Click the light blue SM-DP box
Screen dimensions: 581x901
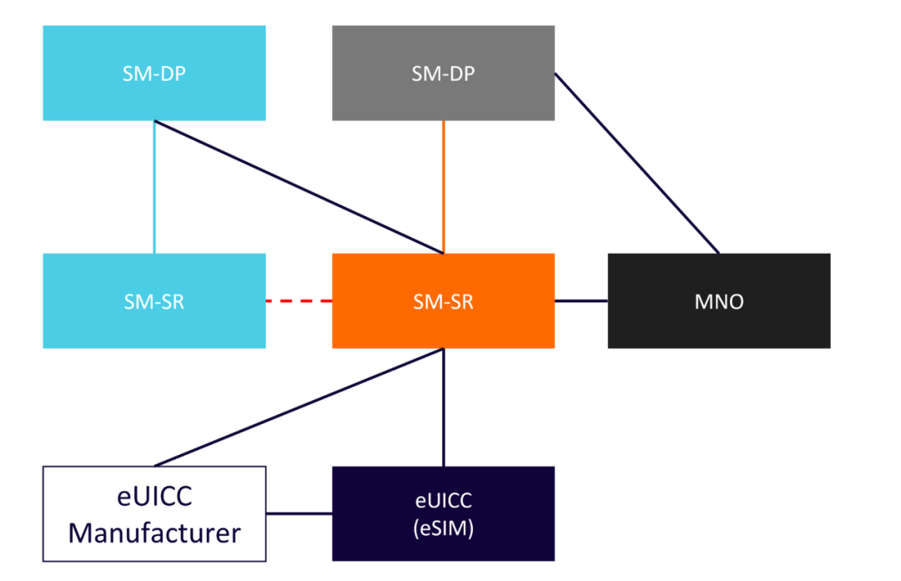(154, 73)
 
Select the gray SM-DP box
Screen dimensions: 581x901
(443, 73)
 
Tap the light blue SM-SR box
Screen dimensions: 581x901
(154, 301)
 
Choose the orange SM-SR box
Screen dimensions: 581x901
(443, 301)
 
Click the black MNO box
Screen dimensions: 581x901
(718, 301)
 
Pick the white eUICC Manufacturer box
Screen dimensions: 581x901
(154, 513)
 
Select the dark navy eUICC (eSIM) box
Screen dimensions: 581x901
(443, 513)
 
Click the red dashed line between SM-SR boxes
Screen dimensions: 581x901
(299, 301)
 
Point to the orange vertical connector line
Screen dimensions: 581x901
(443, 186)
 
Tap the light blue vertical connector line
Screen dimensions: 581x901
(154, 186)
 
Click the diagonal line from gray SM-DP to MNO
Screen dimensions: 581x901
(637, 163)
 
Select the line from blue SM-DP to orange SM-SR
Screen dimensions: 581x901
(299, 186)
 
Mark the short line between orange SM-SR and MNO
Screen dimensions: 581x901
(581, 301)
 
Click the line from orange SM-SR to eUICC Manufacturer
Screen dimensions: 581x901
(299, 407)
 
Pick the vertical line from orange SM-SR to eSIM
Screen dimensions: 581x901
(443, 407)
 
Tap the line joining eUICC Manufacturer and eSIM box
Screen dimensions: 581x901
(299, 513)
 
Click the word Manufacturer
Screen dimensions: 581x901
(154, 532)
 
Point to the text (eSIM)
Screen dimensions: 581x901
(443, 528)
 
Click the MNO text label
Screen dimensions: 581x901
(718, 301)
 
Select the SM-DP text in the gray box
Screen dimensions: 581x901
(443, 73)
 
